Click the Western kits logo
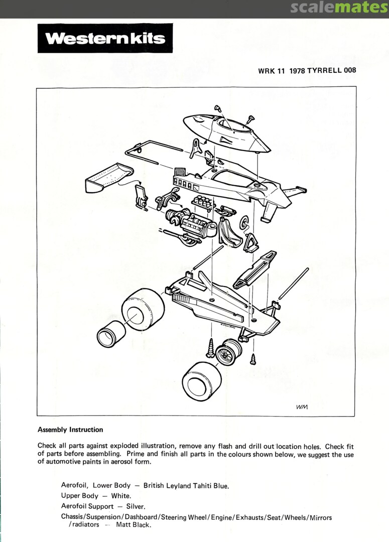click(105, 38)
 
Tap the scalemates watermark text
click(339, 7)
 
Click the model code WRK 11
click(271, 71)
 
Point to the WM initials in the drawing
click(302, 407)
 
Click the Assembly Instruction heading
click(70, 430)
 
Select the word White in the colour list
click(121, 496)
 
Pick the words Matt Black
click(134, 525)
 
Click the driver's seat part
click(230, 234)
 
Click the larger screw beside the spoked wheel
click(211, 348)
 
